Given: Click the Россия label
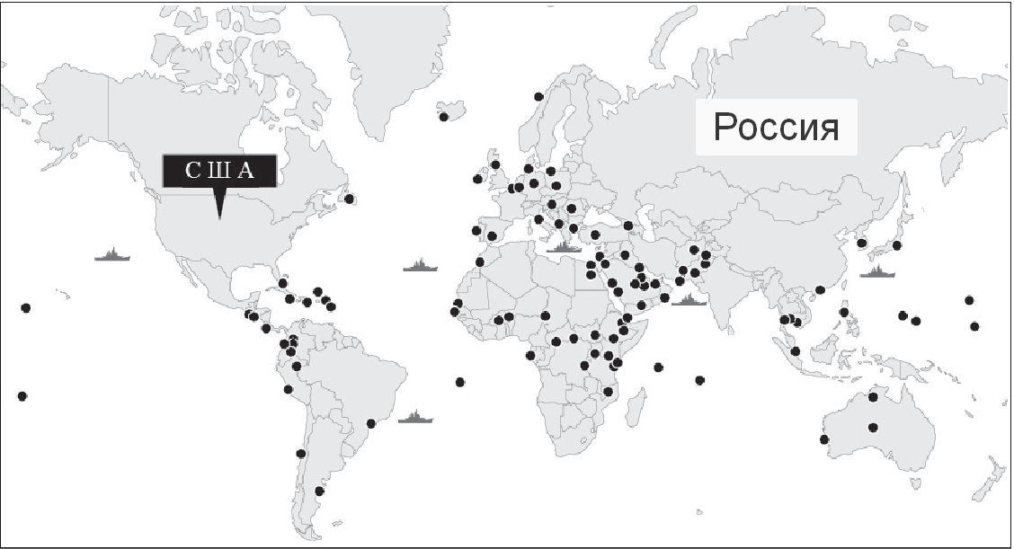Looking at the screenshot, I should click(x=777, y=128).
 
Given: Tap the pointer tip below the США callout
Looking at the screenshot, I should click(x=219, y=217).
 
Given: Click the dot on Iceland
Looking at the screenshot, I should click(x=443, y=116).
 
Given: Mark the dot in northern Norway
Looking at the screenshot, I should click(x=538, y=96).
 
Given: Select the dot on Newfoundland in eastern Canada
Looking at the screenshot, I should click(x=349, y=199).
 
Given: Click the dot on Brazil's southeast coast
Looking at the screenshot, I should click(x=370, y=423).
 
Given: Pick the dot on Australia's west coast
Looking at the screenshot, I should click(x=823, y=439).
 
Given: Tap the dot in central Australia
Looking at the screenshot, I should click(x=873, y=427).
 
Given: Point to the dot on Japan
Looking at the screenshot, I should click(x=896, y=245).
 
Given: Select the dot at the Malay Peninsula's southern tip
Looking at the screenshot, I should click(x=796, y=350).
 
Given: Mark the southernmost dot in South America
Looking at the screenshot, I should click(x=319, y=491).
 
